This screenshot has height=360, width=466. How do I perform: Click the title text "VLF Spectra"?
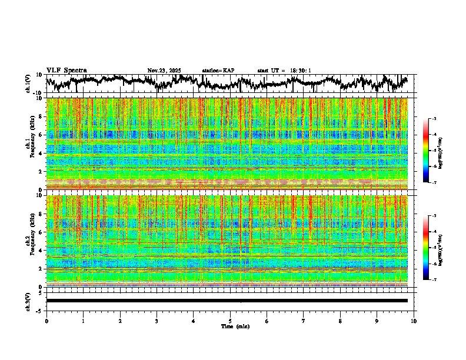pos(66,70)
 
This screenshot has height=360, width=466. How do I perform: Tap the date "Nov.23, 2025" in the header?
pos(164,71)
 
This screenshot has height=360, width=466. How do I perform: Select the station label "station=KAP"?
pos(218,71)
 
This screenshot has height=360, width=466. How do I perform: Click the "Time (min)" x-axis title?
pos(235,326)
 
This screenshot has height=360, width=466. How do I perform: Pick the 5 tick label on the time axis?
pos(230,321)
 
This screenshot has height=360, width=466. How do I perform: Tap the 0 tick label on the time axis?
pos(46,321)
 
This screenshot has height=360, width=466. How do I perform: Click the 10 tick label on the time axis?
pos(414,321)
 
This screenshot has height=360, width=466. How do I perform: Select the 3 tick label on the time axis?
pos(157,321)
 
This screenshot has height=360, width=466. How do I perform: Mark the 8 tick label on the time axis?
pos(340,321)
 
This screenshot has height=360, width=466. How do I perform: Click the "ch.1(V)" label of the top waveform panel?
pos(28,84)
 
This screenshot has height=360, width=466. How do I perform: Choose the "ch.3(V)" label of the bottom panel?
pos(28,301)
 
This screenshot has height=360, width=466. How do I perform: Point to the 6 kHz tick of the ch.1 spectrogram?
pos(41,135)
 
